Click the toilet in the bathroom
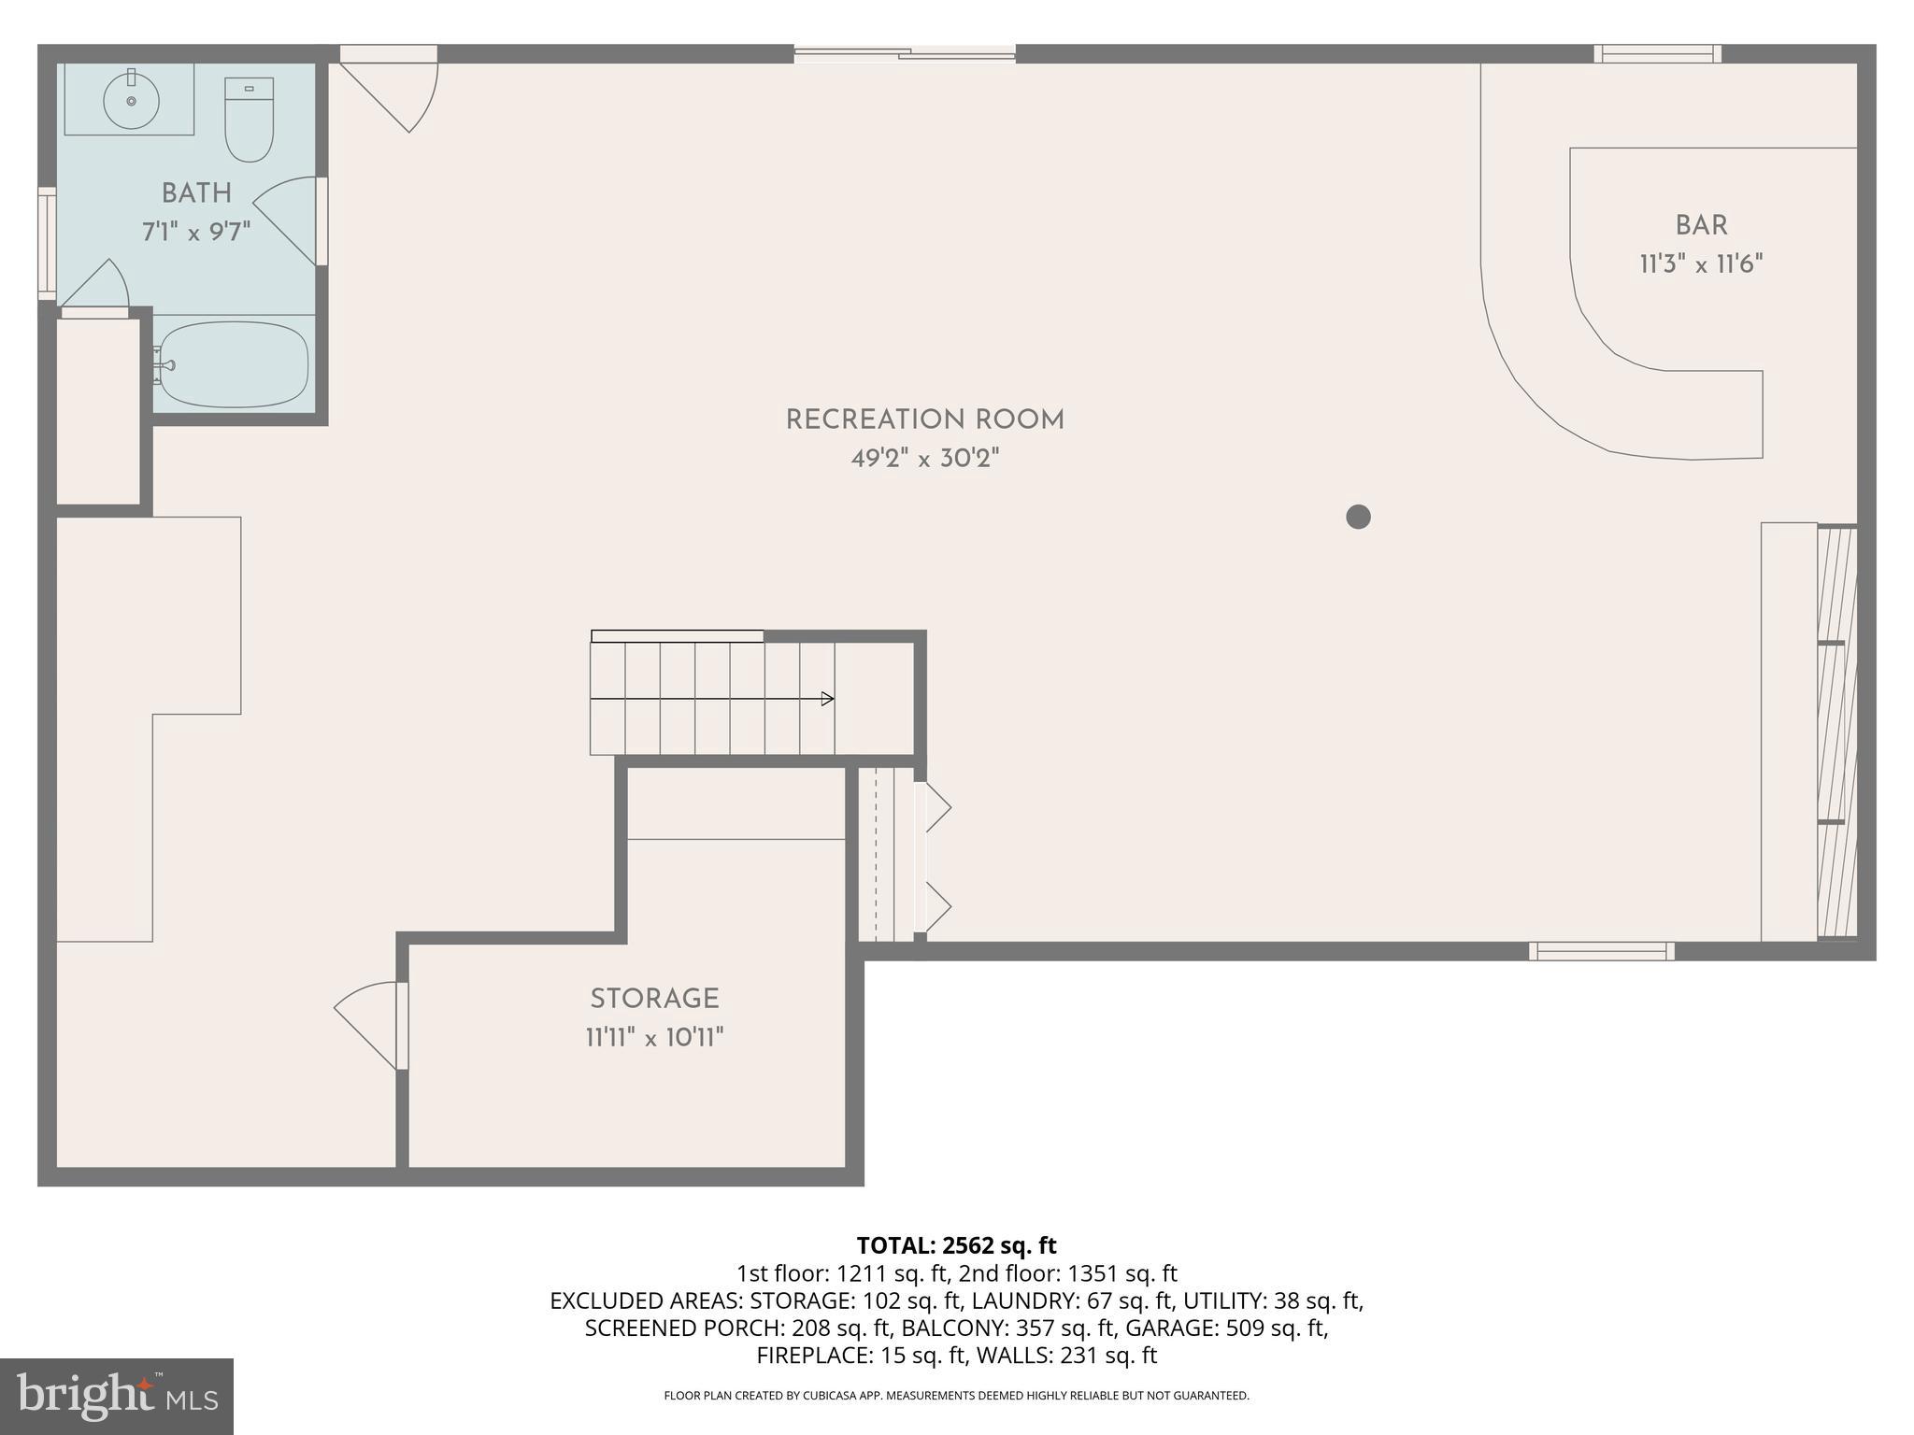[x=249, y=121]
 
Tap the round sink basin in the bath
[x=131, y=100]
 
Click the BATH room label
[x=196, y=193]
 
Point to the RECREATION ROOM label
[x=924, y=419]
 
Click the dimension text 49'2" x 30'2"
[x=924, y=459]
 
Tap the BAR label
[x=1701, y=225]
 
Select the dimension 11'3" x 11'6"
[x=1701, y=264]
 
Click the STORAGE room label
[x=654, y=999]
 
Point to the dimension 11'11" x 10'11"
[x=654, y=1038]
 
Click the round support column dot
[x=1358, y=517]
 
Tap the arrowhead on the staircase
[x=827, y=699]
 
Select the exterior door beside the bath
[x=393, y=89]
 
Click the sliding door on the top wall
[x=905, y=54]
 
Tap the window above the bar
[x=1657, y=54]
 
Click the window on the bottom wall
[x=1601, y=951]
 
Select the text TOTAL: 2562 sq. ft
[x=956, y=1245]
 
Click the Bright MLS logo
[x=117, y=1397]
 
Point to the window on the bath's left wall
[x=47, y=243]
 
